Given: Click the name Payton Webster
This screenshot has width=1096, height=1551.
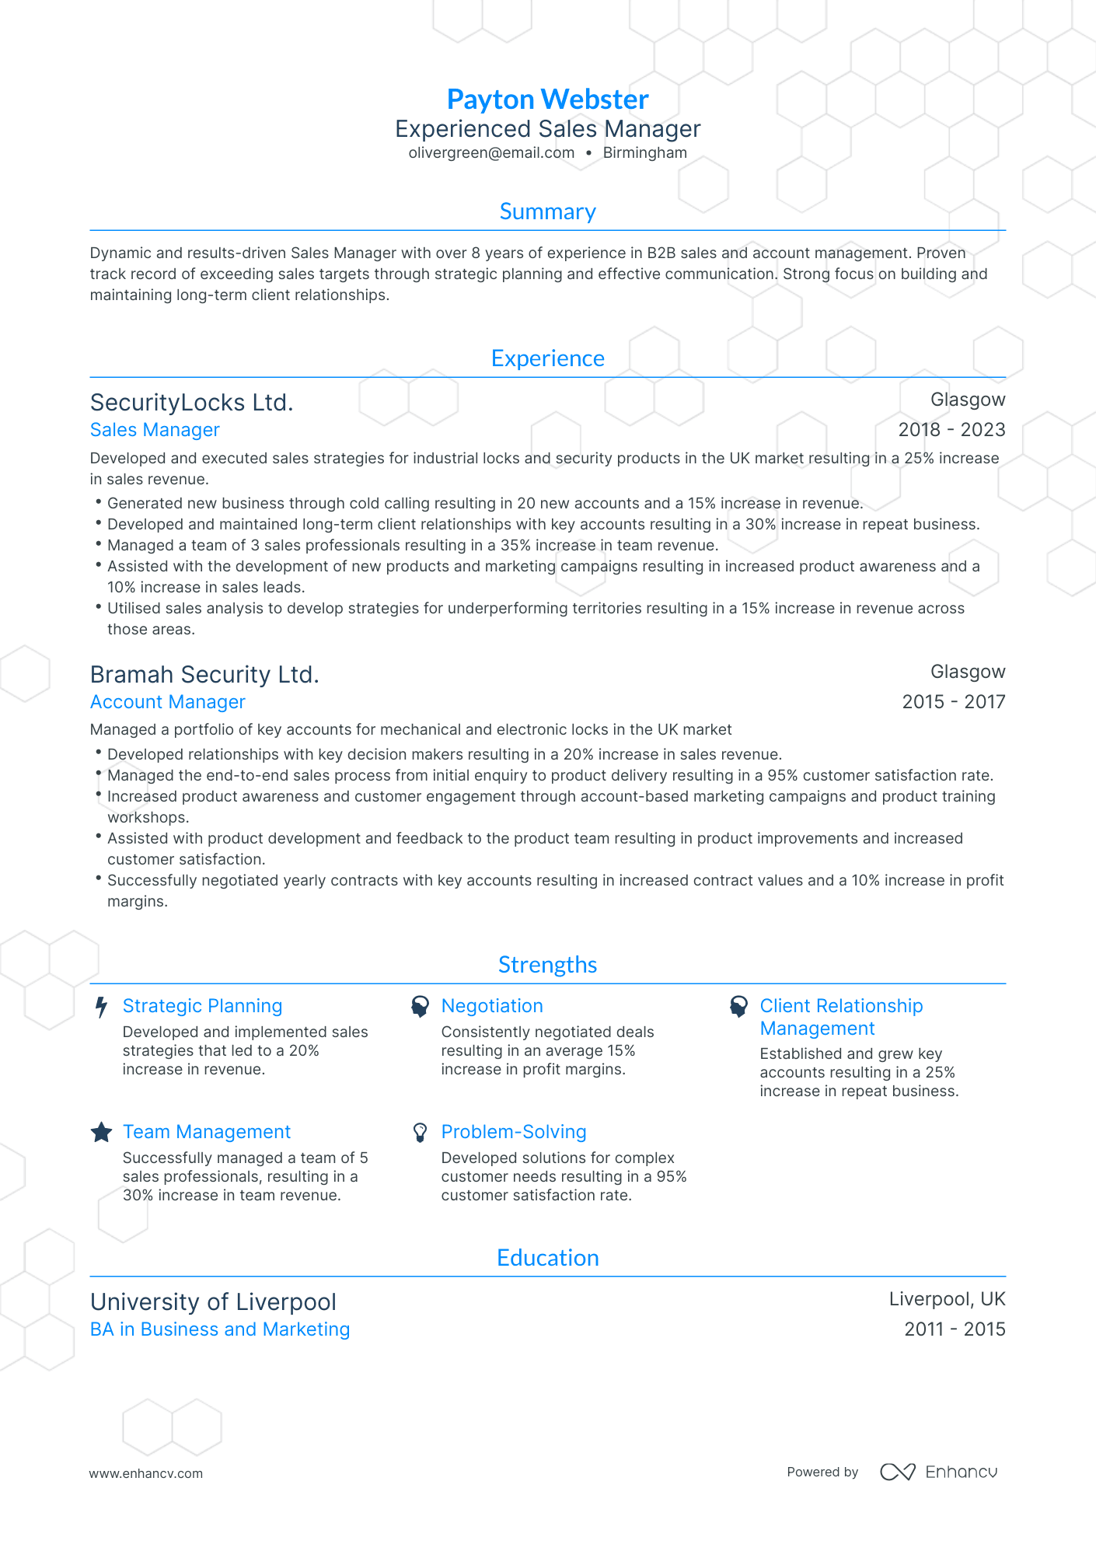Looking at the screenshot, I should click(x=547, y=100).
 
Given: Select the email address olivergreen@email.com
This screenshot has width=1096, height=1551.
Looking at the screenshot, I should click(x=491, y=153).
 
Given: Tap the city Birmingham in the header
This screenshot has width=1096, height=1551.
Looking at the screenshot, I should click(x=644, y=153).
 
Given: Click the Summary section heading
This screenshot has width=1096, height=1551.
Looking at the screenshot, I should click(x=547, y=211).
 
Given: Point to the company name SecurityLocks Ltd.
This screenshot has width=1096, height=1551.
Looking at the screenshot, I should click(x=191, y=403).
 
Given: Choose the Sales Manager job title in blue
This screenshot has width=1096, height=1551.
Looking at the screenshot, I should click(x=155, y=430).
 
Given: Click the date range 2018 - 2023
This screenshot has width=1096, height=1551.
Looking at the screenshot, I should click(x=951, y=430).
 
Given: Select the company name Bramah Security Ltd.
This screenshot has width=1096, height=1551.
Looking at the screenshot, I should click(x=204, y=675).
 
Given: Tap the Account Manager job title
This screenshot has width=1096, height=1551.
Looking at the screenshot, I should click(x=167, y=702).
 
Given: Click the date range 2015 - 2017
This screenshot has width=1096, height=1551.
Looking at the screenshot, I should click(x=953, y=702).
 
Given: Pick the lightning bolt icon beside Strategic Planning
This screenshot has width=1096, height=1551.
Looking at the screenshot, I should click(x=101, y=1008).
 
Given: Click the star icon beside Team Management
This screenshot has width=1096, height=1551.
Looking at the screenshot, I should click(x=101, y=1133).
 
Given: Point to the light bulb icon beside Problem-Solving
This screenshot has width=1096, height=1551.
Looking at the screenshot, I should click(x=420, y=1133).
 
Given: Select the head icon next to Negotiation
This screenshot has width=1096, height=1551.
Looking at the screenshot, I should click(x=420, y=1007).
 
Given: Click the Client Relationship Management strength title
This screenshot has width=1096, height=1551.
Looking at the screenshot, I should click(x=841, y=1017).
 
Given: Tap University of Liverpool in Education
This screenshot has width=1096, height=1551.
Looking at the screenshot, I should click(x=213, y=1302).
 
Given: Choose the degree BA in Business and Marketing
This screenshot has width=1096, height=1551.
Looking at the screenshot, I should click(x=220, y=1329).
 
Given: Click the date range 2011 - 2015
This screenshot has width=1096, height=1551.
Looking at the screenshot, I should click(x=955, y=1329).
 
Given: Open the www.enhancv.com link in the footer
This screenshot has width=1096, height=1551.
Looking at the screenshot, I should click(x=145, y=1473).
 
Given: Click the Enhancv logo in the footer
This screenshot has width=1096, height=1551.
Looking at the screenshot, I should click(x=938, y=1472).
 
